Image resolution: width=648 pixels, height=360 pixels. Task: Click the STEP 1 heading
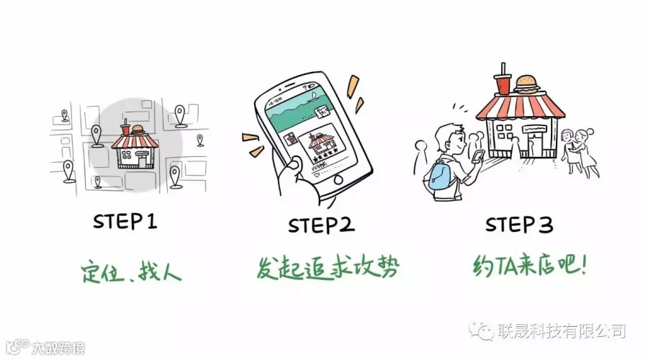[x=125, y=221]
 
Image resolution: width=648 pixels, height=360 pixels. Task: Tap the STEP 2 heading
[x=321, y=225]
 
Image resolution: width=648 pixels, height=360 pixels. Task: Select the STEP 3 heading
[x=519, y=225]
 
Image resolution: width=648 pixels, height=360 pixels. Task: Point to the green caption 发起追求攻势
[x=328, y=268]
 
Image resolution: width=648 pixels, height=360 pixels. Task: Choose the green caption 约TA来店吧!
[x=529, y=265]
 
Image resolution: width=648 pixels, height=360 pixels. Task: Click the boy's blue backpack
[x=440, y=176]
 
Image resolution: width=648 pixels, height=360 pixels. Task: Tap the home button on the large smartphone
[x=338, y=180]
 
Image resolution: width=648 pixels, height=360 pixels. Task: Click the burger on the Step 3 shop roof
[x=527, y=84]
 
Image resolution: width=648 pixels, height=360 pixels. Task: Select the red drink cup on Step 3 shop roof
[x=503, y=80]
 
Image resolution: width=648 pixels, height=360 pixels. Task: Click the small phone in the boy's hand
[x=478, y=157]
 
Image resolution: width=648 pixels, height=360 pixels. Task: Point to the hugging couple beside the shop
[x=580, y=152]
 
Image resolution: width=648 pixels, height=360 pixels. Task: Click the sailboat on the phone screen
[x=314, y=97]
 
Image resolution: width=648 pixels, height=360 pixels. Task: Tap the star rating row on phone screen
[x=326, y=157]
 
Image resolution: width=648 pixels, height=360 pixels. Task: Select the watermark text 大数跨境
[x=58, y=348]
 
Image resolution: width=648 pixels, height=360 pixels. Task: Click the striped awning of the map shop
[x=135, y=141]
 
